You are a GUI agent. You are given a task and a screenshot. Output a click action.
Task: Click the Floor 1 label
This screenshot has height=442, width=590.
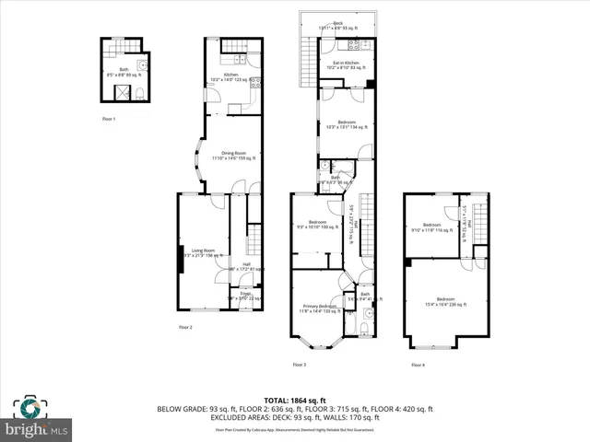tap(110, 119)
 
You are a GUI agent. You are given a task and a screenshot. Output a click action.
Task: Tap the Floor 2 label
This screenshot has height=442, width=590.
tap(186, 327)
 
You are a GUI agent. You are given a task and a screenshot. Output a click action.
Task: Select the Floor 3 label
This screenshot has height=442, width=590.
tap(300, 366)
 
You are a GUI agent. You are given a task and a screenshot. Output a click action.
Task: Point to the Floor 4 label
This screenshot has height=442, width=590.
tap(418, 366)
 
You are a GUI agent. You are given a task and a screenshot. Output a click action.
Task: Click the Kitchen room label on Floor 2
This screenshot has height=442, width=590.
tap(231, 76)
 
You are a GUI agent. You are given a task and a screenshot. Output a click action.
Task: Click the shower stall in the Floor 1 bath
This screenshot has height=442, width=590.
tap(117, 92)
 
